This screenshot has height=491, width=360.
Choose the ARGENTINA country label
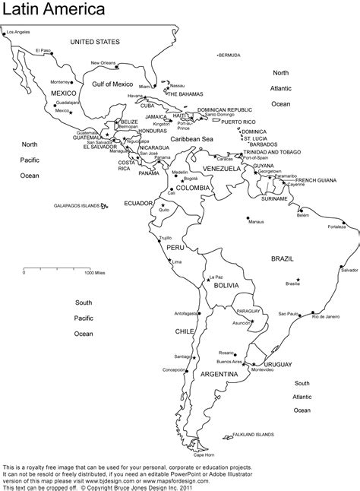click(220, 375)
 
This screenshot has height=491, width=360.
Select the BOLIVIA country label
click(226, 285)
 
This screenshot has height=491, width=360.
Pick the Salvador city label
click(349, 270)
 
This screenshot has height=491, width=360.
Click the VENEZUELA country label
click(222, 168)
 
